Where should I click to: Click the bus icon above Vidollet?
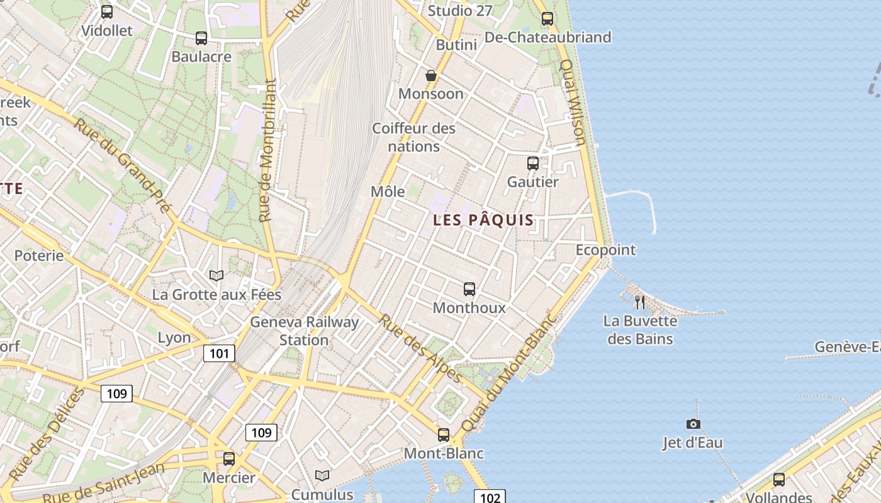(x=107, y=11)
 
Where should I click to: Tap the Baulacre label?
(x=201, y=57)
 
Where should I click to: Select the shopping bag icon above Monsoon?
(x=431, y=75)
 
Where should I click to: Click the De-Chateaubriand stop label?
(x=547, y=37)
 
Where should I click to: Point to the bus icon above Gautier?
(x=533, y=163)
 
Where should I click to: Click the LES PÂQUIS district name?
(x=483, y=220)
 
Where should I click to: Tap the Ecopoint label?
(x=605, y=250)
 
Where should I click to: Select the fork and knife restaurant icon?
(x=640, y=302)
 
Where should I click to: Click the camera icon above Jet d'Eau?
(x=693, y=424)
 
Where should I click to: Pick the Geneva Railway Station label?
(x=305, y=331)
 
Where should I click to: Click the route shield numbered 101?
(x=219, y=353)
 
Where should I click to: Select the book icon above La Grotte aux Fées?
(x=216, y=275)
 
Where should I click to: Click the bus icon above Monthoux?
(x=469, y=289)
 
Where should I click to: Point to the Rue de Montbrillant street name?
(x=267, y=151)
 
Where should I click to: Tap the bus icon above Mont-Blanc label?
(x=444, y=434)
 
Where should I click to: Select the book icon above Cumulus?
(x=322, y=476)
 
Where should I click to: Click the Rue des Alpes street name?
(x=420, y=348)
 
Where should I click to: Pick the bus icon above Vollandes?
(x=779, y=480)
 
